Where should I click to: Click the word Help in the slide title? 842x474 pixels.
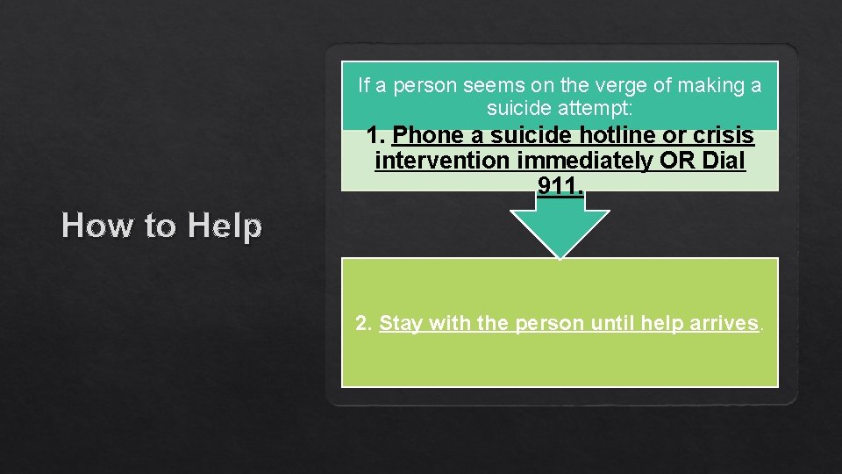coord(225,226)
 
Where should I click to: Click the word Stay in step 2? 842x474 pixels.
coord(401,323)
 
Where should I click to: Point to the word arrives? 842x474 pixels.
coord(724,323)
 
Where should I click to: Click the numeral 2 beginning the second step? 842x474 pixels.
coord(363,323)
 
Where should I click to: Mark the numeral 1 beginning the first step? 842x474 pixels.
coord(375,136)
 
